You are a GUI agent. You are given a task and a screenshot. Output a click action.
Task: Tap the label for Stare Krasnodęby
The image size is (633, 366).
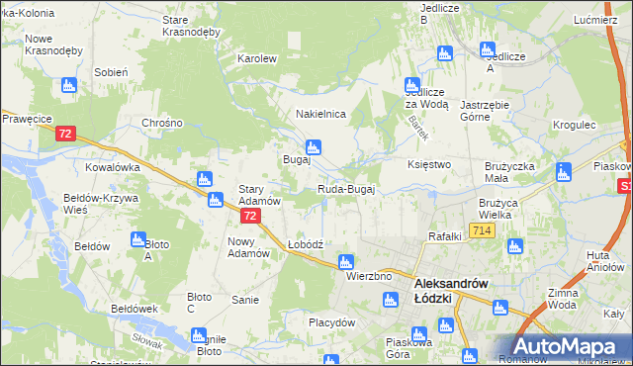[190, 25]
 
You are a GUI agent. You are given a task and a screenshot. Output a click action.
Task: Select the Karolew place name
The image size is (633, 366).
[256, 58]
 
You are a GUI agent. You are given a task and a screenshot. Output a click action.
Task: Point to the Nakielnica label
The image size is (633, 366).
[320, 114]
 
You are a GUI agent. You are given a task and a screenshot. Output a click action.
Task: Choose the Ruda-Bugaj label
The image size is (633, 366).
[345, 189]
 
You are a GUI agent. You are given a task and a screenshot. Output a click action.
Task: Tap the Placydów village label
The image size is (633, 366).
[331, 322]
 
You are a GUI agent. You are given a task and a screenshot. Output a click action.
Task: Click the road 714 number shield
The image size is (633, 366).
[483, 230]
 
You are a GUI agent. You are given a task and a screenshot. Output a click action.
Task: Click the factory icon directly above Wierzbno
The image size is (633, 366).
[345, 262]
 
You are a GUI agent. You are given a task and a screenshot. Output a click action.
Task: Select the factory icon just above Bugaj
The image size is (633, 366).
[313, 146]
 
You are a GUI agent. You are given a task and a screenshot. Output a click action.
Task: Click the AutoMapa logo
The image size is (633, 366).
[568, 346]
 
